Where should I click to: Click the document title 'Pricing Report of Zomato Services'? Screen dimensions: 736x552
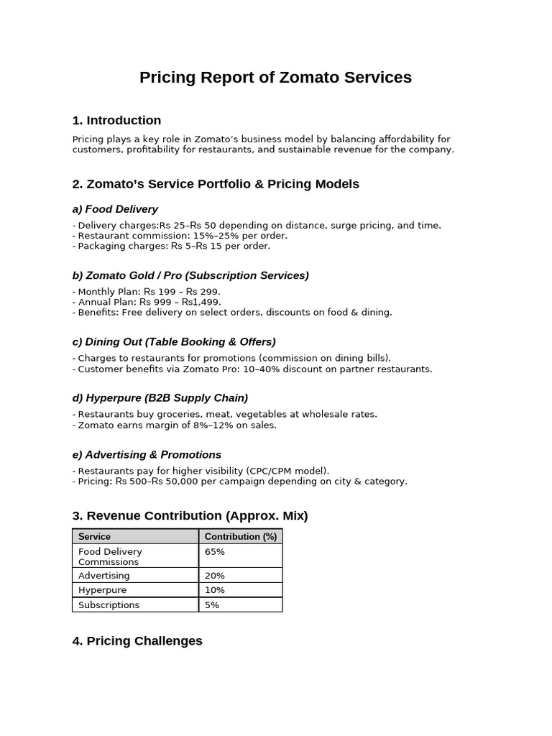pyautogui.click(x=275, y=78)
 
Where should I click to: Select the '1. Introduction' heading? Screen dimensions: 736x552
pyautogui.click(x=116, y=120)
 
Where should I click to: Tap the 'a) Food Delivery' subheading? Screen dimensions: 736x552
pyautogui.click(x=115, y=209)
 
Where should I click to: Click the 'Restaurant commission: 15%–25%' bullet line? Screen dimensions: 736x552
pyautogui.click(x=180, y=236)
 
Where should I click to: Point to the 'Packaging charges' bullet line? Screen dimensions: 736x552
pyautogui.click(x=171, y=246)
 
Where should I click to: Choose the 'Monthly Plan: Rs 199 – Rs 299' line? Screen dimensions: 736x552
pyautogui.click(x=146, y=292)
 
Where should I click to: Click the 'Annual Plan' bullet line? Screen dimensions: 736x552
pyautogui.click(x=147, y=302)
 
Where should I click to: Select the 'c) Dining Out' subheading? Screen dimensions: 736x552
pyautogui.click(x=174, y=342)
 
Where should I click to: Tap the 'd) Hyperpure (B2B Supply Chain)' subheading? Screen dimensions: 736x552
pyautogui.click(x=160, y=398)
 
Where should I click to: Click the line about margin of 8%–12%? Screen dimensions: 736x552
pyautogui.click(x=174, y=425)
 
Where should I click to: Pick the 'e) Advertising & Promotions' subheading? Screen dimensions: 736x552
pyautogui.click(x=147, y=455)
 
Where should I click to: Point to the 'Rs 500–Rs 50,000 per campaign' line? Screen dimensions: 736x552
pyautogui.click(x=239, y=481)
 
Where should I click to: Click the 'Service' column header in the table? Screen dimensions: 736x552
pyautogui.click(x=94, y=536)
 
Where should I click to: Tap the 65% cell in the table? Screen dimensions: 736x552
pyautogui.click(x=215, y=552)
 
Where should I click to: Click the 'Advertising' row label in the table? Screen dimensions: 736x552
pyautogui.click(x=104, y=576)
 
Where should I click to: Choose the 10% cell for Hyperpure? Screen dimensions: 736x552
pyautogui.click(x=215, y=590)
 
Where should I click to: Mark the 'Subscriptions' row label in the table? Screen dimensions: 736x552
pyautogui.click(x=109, y=605)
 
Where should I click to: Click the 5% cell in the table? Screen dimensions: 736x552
pyautogui.click(x=212, y=605)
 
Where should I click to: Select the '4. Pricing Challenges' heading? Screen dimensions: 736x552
pyautogui.click(x=137, y=640)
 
